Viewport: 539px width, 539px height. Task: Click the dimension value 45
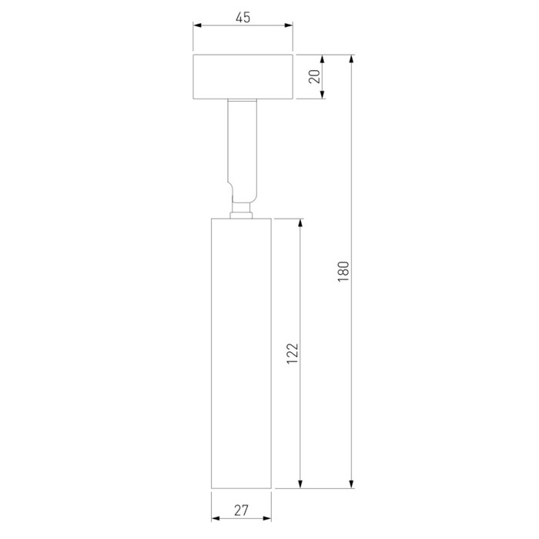243,17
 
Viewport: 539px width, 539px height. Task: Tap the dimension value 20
314,76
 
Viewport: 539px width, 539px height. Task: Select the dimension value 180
343,272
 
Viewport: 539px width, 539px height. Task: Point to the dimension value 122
293,353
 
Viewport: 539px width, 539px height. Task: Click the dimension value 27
241,511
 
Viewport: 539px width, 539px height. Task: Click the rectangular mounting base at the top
243,77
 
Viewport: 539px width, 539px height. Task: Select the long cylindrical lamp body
241,353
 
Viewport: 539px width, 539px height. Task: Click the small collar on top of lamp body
241,215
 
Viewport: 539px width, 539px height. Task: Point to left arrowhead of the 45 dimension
197,25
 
